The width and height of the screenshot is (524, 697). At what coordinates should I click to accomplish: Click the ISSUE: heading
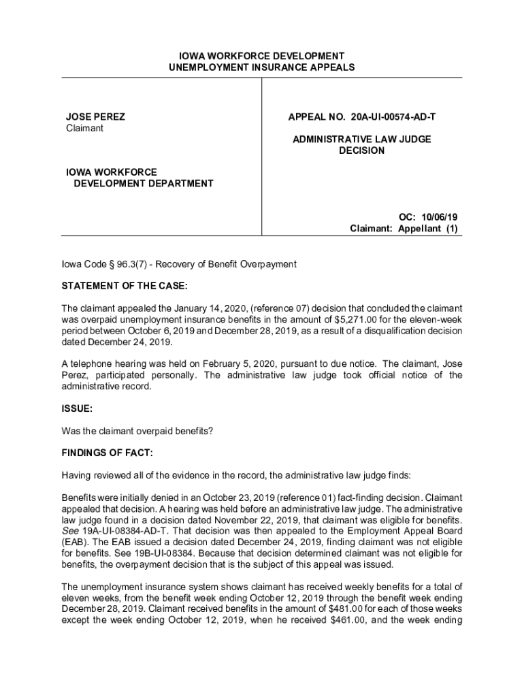[77, 409]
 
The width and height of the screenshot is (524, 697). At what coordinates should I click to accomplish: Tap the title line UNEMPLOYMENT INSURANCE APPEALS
[262, 67]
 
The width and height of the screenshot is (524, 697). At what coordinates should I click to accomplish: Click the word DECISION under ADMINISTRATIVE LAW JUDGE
[361, 150]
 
